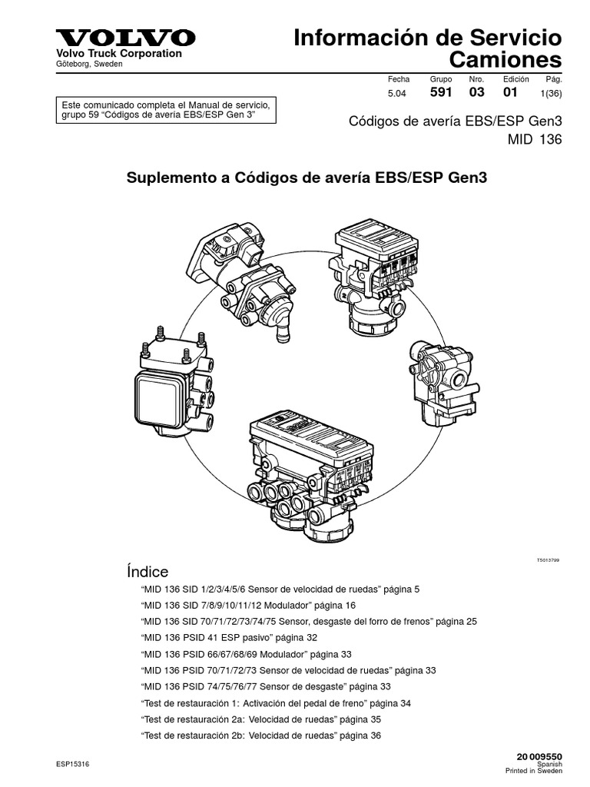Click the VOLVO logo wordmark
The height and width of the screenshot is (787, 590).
(125, 38)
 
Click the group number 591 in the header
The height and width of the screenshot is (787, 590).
(441, 91)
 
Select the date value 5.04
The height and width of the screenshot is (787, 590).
(398, 92)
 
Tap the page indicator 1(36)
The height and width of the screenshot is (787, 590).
(550, 92)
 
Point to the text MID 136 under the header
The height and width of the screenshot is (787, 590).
(535, 139)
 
